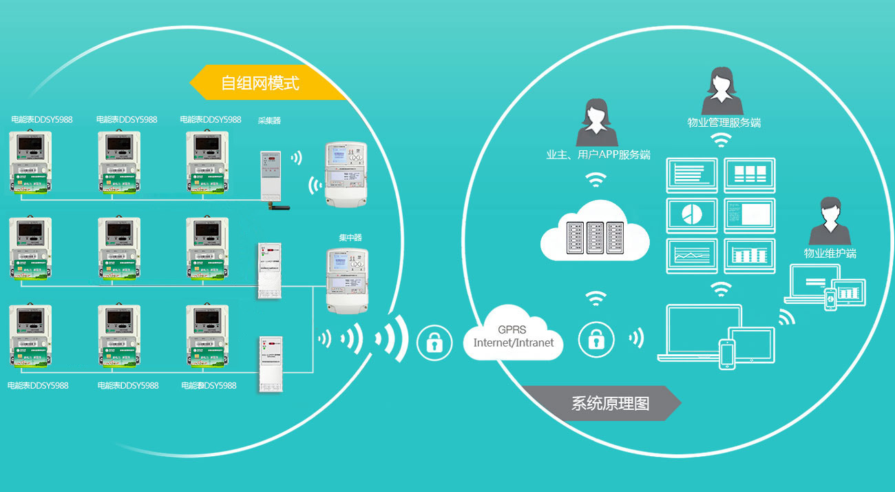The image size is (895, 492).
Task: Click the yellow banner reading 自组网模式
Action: point(260,83)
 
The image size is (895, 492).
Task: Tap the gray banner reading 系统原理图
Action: point(609,403)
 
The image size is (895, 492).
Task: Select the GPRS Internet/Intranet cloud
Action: point(513,336)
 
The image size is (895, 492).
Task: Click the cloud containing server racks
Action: point(595,232)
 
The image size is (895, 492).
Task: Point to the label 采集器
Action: point(269,120)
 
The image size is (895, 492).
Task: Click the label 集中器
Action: point(350,237)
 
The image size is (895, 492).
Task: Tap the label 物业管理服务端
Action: point(724,123)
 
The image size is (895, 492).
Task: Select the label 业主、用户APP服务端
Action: point(598,155)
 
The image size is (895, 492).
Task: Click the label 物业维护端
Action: point(830,253)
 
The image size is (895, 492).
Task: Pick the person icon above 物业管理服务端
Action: point(722,91)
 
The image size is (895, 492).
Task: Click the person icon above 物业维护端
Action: point(830,221)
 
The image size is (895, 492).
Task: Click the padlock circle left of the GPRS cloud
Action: point(434,341)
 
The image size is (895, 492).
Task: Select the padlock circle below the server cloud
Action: point(596,339)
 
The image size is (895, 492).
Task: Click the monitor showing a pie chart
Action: point(692,215)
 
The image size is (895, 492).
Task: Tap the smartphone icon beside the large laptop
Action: point(726,354)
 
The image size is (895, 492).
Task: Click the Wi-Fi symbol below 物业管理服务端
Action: point(721,141)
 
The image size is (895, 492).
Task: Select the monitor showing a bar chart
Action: point(750,256)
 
